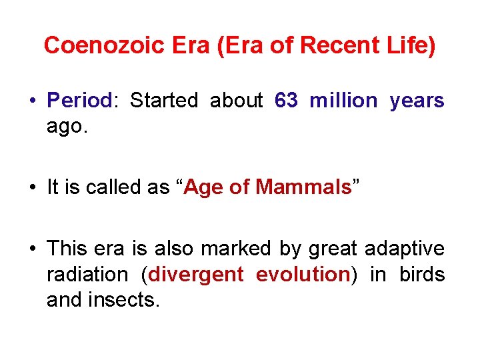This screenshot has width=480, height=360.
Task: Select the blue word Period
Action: point(79,101)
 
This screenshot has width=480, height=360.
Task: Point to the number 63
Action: point(286,101)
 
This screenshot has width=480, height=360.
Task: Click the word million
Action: point(343,101)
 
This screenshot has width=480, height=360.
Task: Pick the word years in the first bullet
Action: point(417,101)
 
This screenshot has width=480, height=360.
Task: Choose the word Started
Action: point(164,101)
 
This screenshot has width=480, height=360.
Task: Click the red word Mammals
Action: point(303,187)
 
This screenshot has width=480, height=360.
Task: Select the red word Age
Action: point(204,187)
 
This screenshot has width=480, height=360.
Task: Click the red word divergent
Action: point(196,274)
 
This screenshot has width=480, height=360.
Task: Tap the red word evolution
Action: point(303,274)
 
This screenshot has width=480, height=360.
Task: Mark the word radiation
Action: point(87,274)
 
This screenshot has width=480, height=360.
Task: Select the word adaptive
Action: point(405,249)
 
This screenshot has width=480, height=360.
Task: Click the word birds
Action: point(422,274)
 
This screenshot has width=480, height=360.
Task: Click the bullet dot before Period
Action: point(32,101)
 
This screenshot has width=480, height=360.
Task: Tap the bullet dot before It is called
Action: point(32,188)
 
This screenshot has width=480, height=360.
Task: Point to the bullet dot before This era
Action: point(32,249)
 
